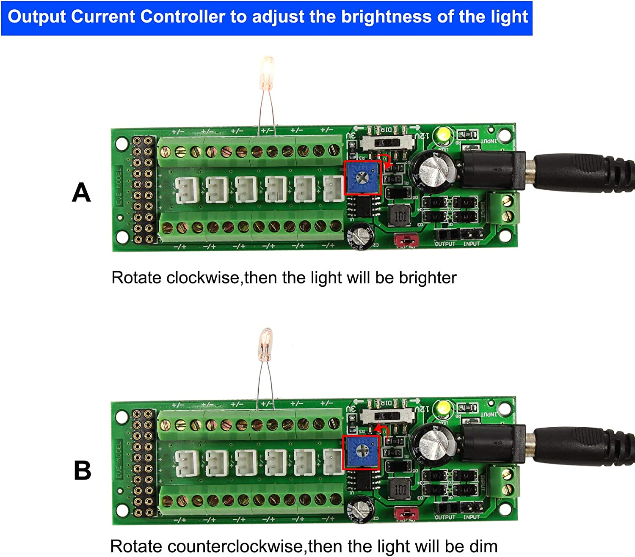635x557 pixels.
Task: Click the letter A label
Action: point(81,192)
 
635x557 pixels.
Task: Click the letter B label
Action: point(82,470)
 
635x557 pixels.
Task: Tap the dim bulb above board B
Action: point(266,344)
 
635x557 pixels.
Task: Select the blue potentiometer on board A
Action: point(362,178)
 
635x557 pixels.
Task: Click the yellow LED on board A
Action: point(443,134)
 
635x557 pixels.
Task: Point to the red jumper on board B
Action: point(406,514)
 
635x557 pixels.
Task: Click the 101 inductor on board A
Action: point(400,216)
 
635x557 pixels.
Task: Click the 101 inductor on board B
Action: point(400,489)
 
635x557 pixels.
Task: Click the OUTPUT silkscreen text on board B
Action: point(445,517)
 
